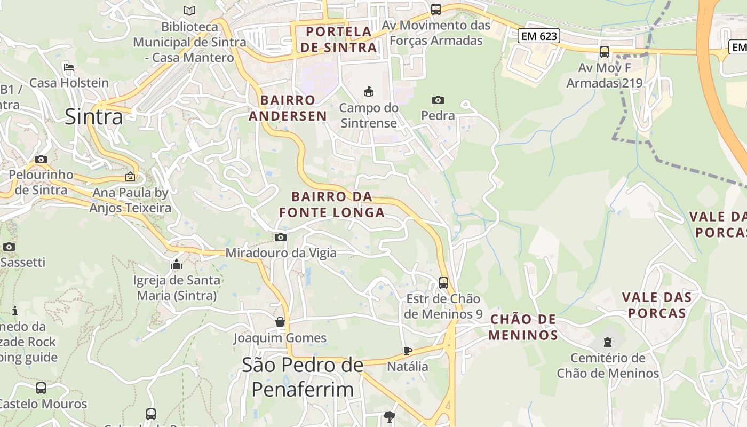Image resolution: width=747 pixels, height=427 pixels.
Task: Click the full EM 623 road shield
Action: pos(538,36)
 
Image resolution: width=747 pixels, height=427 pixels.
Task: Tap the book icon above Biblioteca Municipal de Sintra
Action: pos(189,10)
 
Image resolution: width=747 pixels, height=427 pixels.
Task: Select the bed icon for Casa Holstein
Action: pos(69,67)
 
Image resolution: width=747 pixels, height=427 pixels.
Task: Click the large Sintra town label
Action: pos(94,116)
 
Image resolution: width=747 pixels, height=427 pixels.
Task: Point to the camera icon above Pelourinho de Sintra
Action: pos(41,159)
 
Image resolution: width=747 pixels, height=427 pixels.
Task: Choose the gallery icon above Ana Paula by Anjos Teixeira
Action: pos(130,177)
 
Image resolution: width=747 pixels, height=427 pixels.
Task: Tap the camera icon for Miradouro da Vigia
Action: pos(281,237)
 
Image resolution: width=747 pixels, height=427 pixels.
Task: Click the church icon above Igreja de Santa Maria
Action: pos(177,264)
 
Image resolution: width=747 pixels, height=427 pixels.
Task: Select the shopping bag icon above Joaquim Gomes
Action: pos(280,322)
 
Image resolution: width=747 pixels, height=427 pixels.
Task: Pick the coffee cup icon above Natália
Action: pos(408,351)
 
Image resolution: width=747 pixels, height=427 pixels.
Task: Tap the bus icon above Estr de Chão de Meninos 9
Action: pos(443,282)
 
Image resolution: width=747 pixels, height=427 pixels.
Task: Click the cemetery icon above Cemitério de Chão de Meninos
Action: pos(607,342)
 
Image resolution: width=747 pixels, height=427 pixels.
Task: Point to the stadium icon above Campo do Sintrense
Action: pos(369,92)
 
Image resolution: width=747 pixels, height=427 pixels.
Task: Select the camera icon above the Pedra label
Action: pos(438,100)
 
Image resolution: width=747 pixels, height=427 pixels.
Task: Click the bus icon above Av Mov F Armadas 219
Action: pos(604,52)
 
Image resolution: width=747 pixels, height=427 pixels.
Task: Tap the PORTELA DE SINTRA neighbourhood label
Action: pos(339,39)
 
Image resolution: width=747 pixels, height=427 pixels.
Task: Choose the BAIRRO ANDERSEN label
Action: pos(288,108)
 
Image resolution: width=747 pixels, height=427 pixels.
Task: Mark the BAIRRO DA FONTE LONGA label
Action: pos(332,204)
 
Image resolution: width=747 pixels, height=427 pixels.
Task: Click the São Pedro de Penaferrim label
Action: pos(303,377)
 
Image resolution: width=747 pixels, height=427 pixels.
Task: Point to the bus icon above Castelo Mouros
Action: pos(41,388)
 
